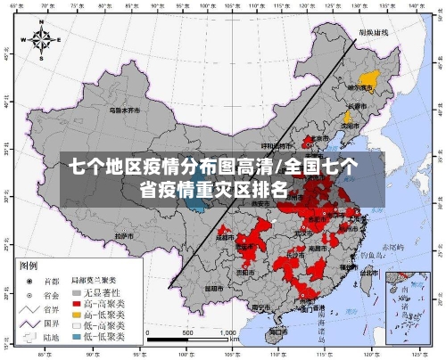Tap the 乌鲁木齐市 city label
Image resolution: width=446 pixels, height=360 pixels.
coord(126,111)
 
